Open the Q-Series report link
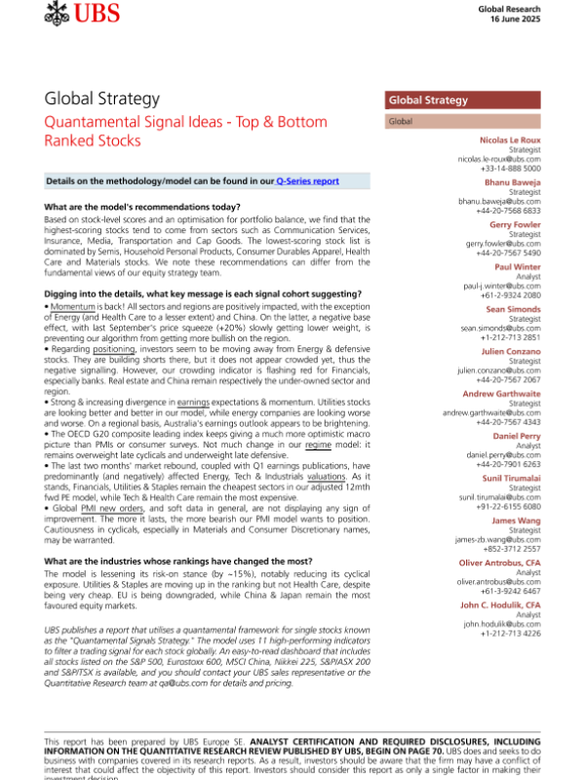(x=307, y=181)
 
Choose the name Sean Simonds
(x=513, y=308)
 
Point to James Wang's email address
(x=497, y=538)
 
